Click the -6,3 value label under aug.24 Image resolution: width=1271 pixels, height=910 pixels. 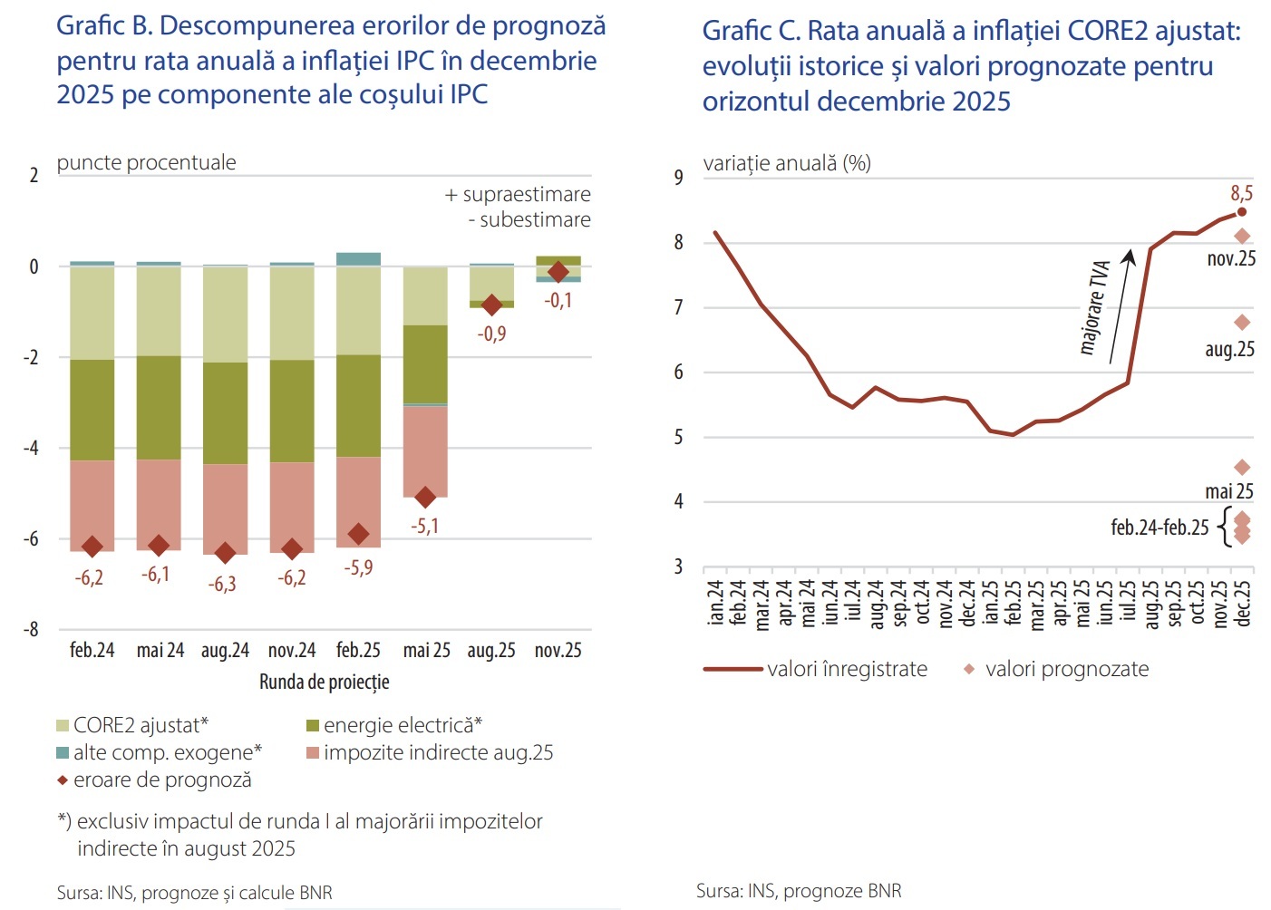click(222, 585)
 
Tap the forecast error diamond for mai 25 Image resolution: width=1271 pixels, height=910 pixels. click(425, 497)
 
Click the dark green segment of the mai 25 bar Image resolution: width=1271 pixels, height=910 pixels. click(425, 363)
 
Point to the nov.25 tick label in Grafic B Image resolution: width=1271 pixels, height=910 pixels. click(558, 651)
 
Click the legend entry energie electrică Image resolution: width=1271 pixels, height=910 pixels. click(394, 725)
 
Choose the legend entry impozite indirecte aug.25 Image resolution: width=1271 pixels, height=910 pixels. click(430, 752)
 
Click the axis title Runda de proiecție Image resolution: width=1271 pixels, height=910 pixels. click(324, 682)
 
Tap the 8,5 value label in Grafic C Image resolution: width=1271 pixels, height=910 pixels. click(1241, 193)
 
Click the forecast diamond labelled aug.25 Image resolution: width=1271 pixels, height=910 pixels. click(1242, 323)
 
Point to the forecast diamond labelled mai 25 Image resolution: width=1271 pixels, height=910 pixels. click(1242, 468)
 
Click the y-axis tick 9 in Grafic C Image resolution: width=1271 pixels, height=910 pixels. click(678, 178)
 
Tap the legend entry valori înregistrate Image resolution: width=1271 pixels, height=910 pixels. click(816, 669)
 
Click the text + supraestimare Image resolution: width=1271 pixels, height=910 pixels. click(518, 194)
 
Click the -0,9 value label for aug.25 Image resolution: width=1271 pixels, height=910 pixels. click(491, 334)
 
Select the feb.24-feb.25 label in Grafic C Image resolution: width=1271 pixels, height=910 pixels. click(1159, 528)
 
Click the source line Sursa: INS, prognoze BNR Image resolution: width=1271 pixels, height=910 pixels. click(799, 891)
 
